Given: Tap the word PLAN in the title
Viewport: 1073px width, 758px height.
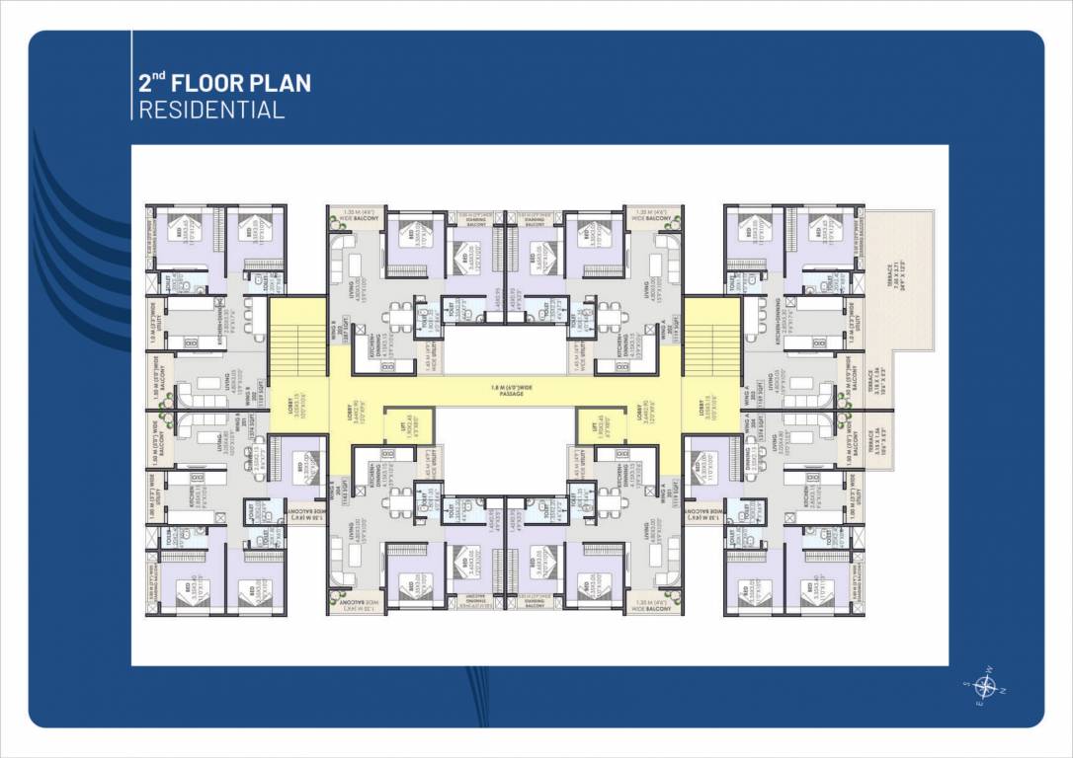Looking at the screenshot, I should coord(285,83).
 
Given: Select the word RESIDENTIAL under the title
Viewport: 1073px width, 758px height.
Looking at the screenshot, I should coord(211,110).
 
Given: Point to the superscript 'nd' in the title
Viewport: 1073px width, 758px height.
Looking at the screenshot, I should coord(157,75).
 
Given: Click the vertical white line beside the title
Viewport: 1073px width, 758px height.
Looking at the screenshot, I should coord(131,75).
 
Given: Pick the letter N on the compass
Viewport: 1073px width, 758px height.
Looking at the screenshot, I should coord(1003,691).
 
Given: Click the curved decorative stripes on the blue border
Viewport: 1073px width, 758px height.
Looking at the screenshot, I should coord(74,237).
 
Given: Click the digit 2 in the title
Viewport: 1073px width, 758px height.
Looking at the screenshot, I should coord(145,83).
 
